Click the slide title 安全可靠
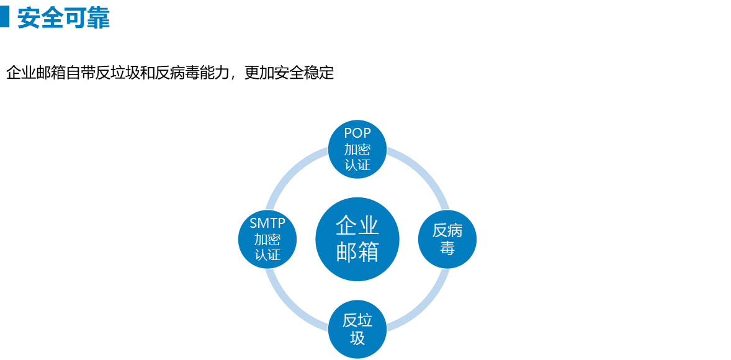(x=63, y=18)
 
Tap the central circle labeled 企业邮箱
(x=357, y=239)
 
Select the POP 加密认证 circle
(x=357, y=149)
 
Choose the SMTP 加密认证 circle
(x=267, y=239)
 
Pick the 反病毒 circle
(x=447, y=239)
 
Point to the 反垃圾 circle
(x=357, y=329)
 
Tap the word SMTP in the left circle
(x=267, y=223)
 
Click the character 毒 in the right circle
(x=447, y=248)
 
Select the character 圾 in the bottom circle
(x=357, y=338)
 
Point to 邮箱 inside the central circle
(x=357, y=252)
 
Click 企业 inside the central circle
(x=357, y=226)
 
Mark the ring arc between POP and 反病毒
(x=421, y=175)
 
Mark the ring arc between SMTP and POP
(x=294, y=175)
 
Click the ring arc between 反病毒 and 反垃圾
(x=421, y=303)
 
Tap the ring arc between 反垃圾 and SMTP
(x=294, y=303)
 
